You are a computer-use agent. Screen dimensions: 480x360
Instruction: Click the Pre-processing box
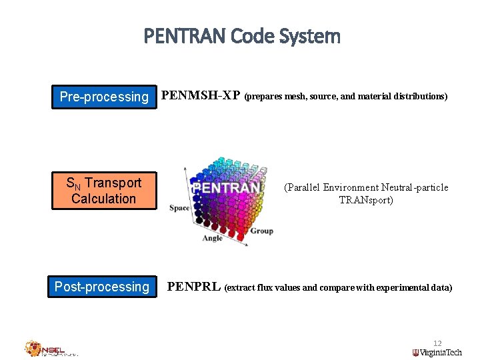(104, 97)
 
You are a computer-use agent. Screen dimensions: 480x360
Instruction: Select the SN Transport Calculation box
(104, 191)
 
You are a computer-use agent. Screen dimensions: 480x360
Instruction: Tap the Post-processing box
(102, 287)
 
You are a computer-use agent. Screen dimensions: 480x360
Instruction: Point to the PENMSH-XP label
(201, 95)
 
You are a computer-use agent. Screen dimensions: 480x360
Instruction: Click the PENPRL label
(193, 287)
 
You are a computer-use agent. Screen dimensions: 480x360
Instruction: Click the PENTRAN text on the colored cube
(225, 188)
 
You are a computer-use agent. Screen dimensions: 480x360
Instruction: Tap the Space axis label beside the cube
(179, 208)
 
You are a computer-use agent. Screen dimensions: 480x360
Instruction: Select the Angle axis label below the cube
(212, 238)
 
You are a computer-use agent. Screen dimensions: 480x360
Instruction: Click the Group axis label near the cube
(261, 231)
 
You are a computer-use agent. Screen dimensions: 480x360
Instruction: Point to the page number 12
(437, 343)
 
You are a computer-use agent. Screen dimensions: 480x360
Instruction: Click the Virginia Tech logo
(437, 353)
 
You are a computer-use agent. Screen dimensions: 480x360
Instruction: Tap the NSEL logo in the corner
(51, 349)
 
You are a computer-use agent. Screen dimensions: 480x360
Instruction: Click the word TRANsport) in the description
(366, 200)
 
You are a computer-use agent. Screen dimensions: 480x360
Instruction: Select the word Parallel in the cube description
(307, 187)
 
